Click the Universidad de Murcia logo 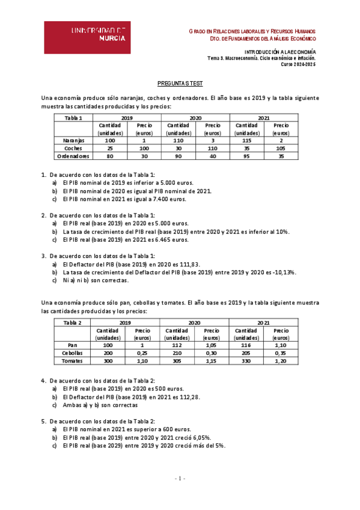coord(87,37)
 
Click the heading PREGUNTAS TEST coord(180,86)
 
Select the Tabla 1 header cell coord(73,118)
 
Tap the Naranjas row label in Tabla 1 coord(73,140)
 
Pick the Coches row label coord(73,148)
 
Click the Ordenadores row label coord(73,156)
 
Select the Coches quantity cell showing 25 coord(110,148)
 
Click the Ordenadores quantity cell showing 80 coord(110,156)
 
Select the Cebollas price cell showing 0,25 coord(142,353)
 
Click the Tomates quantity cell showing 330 coord(246,361)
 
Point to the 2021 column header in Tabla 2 coord(263,323)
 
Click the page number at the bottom coord(180,479)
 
